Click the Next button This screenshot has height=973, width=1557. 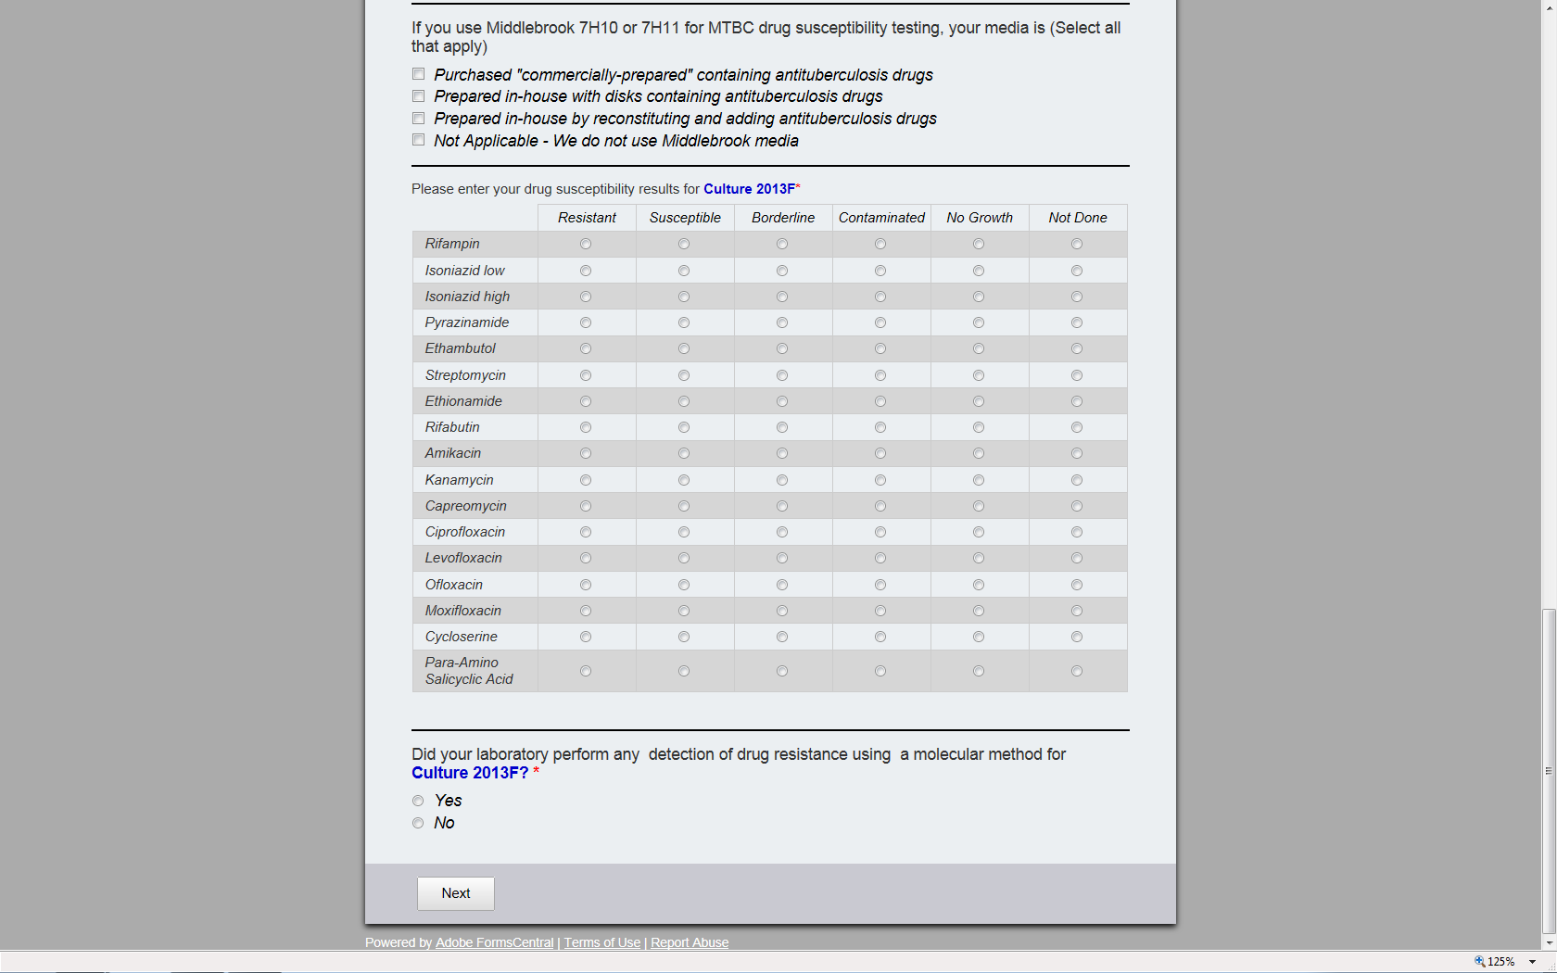click(x=455, y=893)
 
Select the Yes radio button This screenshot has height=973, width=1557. click(x=418, y=801)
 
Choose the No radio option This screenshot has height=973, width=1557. click(x=418, y=823)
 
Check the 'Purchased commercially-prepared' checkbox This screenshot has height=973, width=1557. click(x=419, y=74)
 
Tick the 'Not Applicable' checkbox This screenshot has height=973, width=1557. click(x=419, y=140)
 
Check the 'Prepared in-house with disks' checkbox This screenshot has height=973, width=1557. click(x=419, y=96)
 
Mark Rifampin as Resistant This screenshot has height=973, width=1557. click(x=586, y=244)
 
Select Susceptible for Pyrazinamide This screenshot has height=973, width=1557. click(x=684, y=322)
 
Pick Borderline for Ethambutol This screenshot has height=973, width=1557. click(x=782, y=348)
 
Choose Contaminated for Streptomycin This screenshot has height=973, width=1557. click(x=880, y=375)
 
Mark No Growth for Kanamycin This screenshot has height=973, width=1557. click(x=979, y=480)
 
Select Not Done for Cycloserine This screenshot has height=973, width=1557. click(x=1077, y=637)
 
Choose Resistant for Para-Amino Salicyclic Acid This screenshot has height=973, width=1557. click(x=586, y=671)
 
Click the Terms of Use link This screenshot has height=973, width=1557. click(x=601, y=942)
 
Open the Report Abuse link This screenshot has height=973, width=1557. click(x=690, y=942)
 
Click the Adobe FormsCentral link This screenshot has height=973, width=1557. click(x=494, y=942)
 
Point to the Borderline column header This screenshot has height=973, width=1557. click(x=783, y=218)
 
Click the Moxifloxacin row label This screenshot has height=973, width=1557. click(x=463, y=611)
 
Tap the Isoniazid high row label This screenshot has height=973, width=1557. click(x=467, y=297)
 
